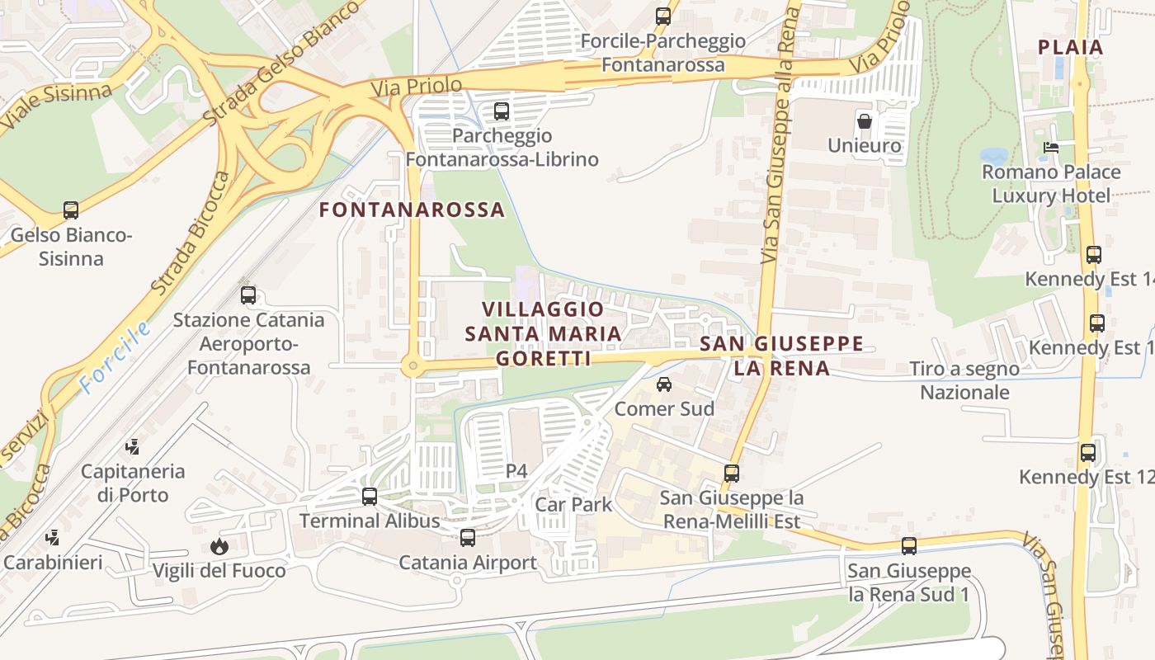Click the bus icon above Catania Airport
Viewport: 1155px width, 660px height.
pos(468,538)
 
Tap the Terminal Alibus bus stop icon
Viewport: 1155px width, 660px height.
pos(370,497)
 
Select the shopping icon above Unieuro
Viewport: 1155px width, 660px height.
pos(865,121)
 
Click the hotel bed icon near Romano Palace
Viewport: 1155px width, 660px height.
pos(1050,148)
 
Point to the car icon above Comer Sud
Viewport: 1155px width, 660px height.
pos(664,384)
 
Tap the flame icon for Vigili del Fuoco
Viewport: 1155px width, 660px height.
pos(219,546)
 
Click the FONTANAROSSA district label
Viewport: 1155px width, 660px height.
pos(412,210)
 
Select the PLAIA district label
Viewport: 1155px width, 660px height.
pos(1071,47)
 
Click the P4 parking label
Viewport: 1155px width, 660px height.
pos(516,471)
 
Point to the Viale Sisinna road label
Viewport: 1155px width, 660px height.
pos(55,106)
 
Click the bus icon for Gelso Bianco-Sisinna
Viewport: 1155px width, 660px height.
pos(71,210)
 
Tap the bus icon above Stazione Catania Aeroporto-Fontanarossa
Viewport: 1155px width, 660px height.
pos(248,295)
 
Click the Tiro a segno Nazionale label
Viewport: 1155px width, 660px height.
pos(964,380)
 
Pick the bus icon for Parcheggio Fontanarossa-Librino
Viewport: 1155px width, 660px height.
pos(501,111)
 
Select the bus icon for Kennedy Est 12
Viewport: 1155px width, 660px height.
pos(1088,452)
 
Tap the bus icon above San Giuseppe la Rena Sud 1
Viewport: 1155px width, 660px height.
pos(909,546)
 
